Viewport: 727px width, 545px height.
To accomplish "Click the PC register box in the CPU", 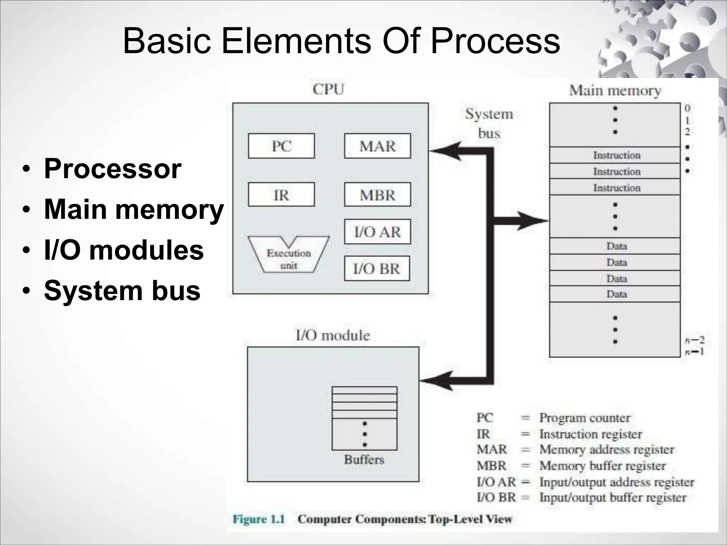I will click(x=281, y=146).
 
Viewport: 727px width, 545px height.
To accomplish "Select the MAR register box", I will click(x=377, y=146).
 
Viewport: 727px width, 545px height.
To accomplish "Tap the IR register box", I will click(x=281, y=194).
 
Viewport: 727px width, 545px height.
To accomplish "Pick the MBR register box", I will click(x=377, y=194).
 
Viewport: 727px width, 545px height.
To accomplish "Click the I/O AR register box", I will click(x=377, y=232).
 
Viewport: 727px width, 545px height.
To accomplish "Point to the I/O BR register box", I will click(x=377, y=268).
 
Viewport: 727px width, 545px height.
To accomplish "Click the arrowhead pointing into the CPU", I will click(x=446, y=151).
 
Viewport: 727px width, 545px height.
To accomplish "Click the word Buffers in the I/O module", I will click(x=364, y=459).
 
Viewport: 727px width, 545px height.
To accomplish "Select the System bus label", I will click(x=489, y=123).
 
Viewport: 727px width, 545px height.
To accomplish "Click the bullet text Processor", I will click(x=113, y=169).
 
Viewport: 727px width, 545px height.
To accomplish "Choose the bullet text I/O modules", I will click(x=124, y=250).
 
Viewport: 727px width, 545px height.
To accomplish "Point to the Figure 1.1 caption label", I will click(x=259, y=519).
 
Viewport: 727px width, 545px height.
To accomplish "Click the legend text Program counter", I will click(x=585, y=418).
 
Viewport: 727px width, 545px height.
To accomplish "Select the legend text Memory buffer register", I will click(x=602, y=466).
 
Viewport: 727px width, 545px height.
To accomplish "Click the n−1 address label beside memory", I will click(x=694, y=351).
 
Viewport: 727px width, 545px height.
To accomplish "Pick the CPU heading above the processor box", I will click(x=328, y=89).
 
